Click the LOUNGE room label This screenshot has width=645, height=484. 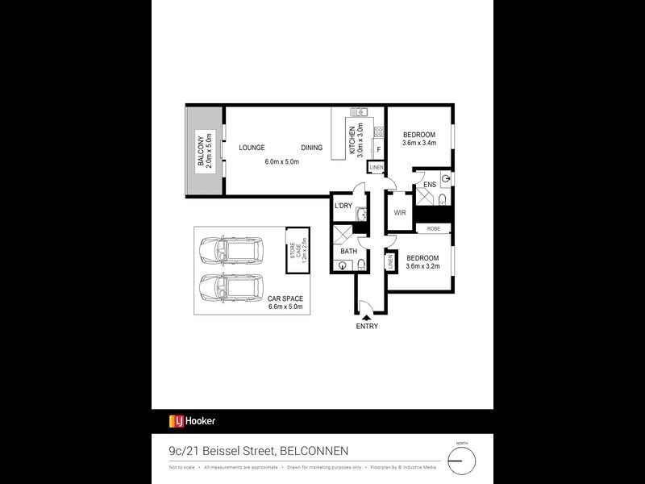click(252, 148)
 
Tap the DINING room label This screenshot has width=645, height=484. click(312, 148)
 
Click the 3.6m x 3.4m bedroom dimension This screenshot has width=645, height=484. click(419, 144)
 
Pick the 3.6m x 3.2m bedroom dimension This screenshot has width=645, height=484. click(422, 266)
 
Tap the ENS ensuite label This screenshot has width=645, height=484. click(430, 185)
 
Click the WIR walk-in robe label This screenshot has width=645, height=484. click(400, 213)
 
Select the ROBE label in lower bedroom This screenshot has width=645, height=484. click(434, 229)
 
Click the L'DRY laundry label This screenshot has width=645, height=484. click(344, 207)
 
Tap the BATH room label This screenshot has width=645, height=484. click(348, 252)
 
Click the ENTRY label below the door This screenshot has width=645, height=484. click(366, 327)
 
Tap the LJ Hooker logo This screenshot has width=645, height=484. click(192, 420)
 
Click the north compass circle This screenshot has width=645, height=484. click(462, 461)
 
